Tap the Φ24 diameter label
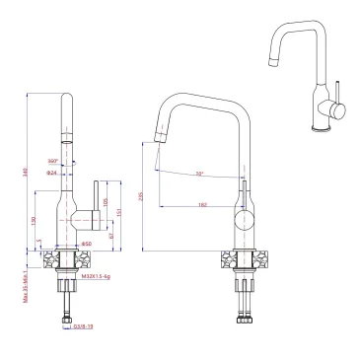click(52, 174)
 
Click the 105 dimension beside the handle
click(106, 203)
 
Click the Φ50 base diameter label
click(86, 244)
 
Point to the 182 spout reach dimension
click(202, 205)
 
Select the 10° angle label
click(199, 174)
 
